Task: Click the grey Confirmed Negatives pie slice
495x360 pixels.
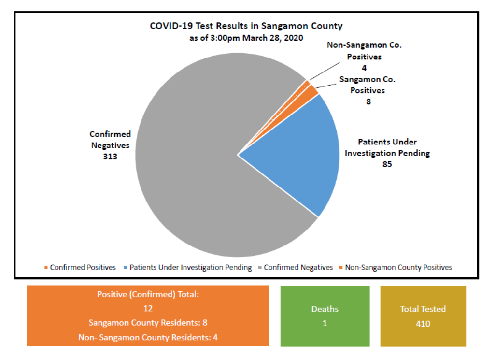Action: pos(193,184)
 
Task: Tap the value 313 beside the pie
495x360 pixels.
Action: pos(110,157)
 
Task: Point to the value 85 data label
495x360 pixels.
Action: pos(387,164)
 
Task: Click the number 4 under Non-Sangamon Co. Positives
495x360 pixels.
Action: pos(364,68)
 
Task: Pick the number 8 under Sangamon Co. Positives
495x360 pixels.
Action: pos(368,102)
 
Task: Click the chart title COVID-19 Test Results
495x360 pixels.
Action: pos(246,26)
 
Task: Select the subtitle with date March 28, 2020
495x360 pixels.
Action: pos(246,38)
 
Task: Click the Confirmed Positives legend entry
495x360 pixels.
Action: pos(83,267)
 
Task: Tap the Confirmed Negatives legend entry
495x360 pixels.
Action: pos(298,267)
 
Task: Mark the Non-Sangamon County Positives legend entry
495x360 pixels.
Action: pos(398,267)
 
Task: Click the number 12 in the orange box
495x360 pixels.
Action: pos(148,308)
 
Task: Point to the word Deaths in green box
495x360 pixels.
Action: pos(325,309)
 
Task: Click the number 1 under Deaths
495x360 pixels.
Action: pos(325,323)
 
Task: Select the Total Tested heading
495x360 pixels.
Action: pos(423,309)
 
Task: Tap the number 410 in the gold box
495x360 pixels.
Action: pos(423,323)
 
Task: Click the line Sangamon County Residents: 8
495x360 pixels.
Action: pos(148,323)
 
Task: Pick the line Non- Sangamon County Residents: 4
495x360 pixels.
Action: pos(148,337)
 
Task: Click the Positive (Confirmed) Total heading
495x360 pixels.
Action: pos(148,294)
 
